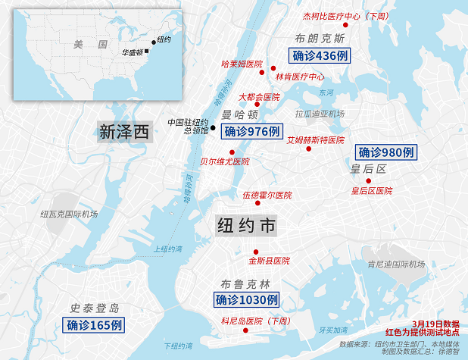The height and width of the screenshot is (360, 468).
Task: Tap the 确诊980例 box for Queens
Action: tap(386, 152)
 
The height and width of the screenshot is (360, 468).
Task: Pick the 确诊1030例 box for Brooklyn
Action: tap(247, 300)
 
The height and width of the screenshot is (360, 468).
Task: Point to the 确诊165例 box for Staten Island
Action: tap(94, 326)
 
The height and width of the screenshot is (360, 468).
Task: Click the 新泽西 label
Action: tap(125, 132)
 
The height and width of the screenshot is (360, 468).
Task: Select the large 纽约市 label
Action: tap(247, 226)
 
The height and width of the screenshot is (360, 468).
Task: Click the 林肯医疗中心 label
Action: tap(300, 77)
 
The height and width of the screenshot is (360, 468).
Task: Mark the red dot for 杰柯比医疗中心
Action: tap(345, 27)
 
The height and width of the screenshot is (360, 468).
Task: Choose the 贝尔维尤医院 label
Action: tap(224, 161)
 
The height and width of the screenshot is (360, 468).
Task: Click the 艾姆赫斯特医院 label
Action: tap(316, 140)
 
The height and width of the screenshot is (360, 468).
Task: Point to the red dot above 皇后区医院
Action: tap(369, 180)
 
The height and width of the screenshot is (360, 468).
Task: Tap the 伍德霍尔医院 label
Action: tap(267, 196)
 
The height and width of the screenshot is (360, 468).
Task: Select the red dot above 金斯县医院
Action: tap(256, 252)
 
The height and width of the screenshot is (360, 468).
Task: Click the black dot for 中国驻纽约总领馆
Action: tap(213, 127)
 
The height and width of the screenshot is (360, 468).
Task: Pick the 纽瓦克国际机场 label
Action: tap(70, 214)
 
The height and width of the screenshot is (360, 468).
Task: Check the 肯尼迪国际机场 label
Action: tap(395, 265)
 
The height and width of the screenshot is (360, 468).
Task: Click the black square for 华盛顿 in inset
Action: tap(147, 52)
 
